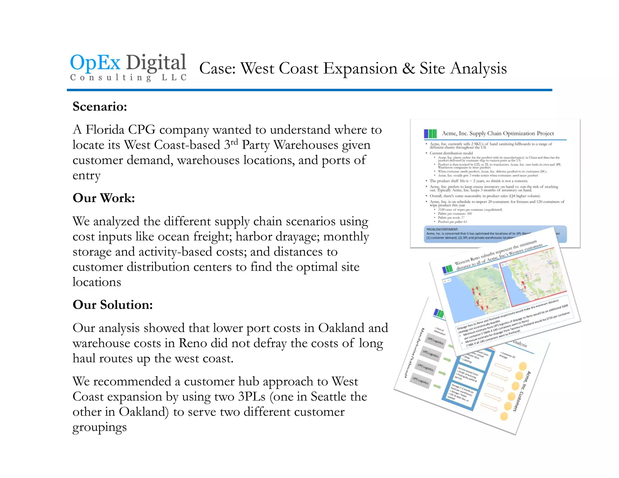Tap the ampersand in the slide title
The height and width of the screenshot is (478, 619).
tap(408, 68)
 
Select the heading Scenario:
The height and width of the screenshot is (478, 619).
tap(100, 107)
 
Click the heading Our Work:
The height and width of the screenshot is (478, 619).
tap(104, 198)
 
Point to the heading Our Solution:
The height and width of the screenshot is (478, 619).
tap(112, 305)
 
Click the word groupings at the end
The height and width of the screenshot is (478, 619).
tap(99, 428)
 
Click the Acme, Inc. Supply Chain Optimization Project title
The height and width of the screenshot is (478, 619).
tap(498, 133)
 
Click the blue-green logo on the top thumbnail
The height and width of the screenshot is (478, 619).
tap(430, 133)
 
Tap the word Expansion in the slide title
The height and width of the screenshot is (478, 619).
tap(360, 68)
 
